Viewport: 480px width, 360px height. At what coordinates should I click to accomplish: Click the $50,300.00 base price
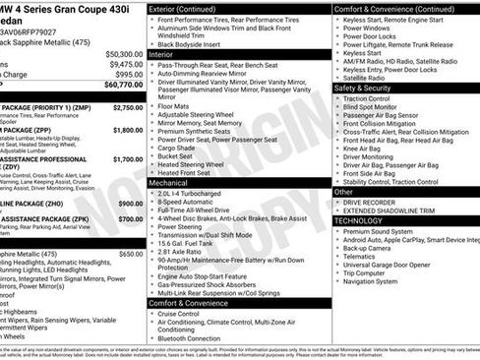pyautogui.click(x=123, y=53)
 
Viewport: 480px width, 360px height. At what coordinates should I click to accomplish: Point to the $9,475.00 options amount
pyautogui.click(x=125, y=64)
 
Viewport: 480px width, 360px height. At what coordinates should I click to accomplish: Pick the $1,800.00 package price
pyautogui.click(x=127, y=129)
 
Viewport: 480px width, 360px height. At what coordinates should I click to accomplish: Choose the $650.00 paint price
pyautogui.click(x=130, y=253)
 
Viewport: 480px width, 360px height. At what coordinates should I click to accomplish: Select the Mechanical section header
pyautogui.click(x=171, y=183)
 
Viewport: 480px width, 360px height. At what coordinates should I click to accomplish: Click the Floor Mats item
pyautogui.click(x=176, y=107)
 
